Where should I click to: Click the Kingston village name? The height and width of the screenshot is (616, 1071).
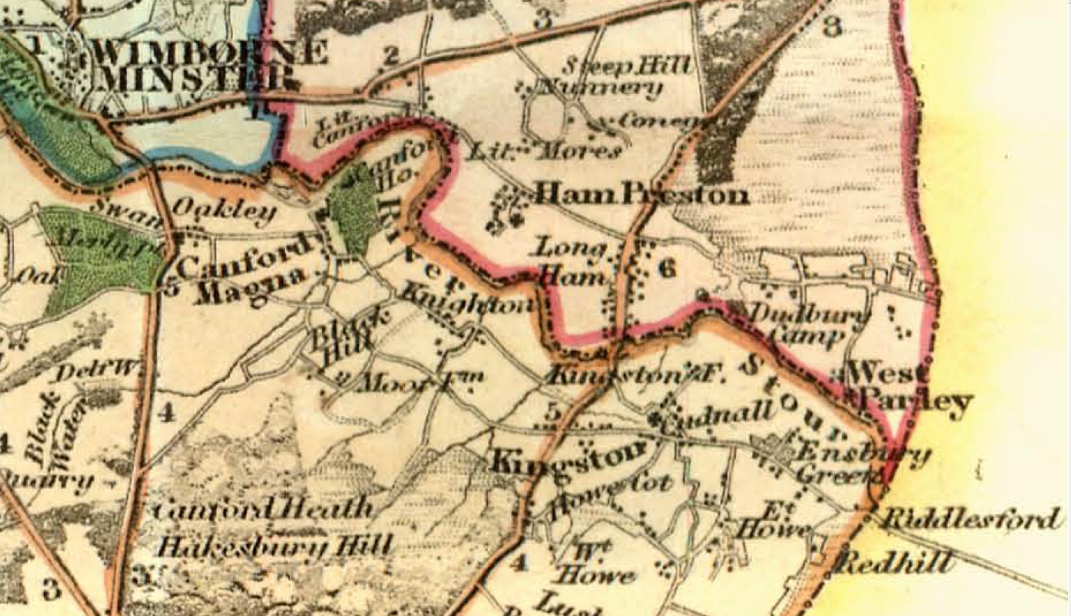click(569, 456)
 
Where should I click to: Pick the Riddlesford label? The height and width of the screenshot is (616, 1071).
click(970, 519)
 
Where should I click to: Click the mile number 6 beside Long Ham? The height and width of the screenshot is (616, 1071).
click(667, 267)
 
